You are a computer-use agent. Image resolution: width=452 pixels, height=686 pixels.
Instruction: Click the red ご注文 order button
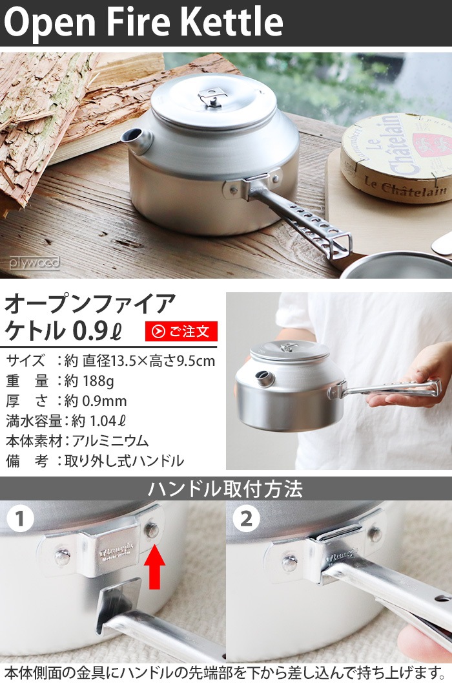coord(181,331)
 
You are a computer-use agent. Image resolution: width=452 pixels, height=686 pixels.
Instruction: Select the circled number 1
coord(20,519)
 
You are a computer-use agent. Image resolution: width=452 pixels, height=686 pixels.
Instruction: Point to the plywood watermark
coord(34,263)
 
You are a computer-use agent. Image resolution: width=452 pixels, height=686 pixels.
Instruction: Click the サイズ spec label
coord(25,360)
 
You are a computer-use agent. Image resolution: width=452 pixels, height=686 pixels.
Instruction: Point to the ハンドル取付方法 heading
coord(225,488)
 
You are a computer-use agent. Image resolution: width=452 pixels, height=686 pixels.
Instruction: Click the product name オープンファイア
coord(90,303)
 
